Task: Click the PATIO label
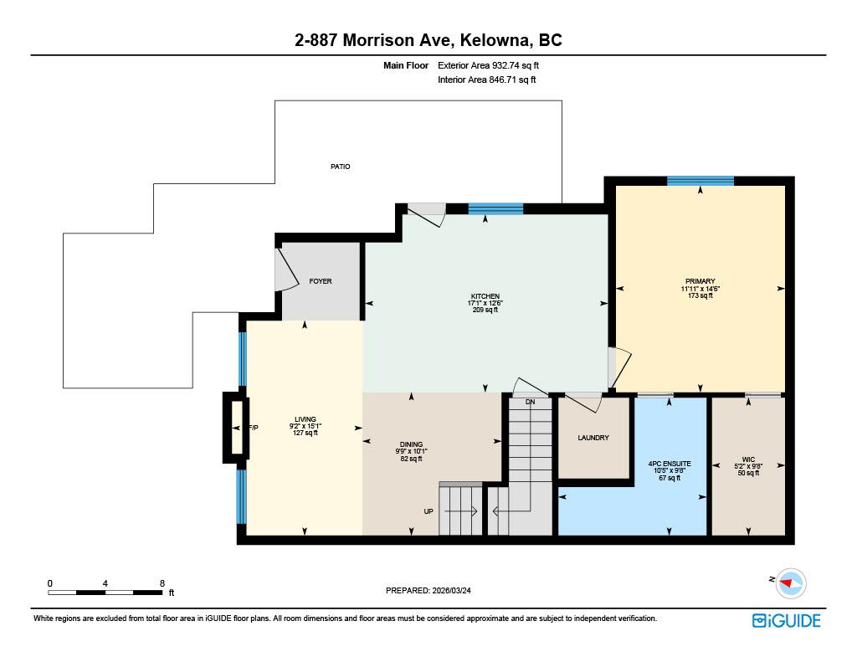click(340, 167)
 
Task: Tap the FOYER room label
click(321, 281)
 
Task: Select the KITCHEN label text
click(485, 296)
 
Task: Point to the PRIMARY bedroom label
click(700, 281)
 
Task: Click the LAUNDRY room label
click(593, 438)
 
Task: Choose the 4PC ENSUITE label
click(669, 463)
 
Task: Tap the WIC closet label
click(748, 459)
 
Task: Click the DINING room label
click(411, 444)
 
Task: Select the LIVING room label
click(305, 419)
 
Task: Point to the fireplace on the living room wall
click(235, 428)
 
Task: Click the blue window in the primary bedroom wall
click(700, 181)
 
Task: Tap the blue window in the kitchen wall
click(495, 209)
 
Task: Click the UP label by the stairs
click(428, 511)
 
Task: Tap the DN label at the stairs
click(530, 403)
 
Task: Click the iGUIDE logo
click(786, 620)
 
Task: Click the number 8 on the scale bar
click(162, 582)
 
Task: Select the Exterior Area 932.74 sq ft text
click(495, 65)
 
